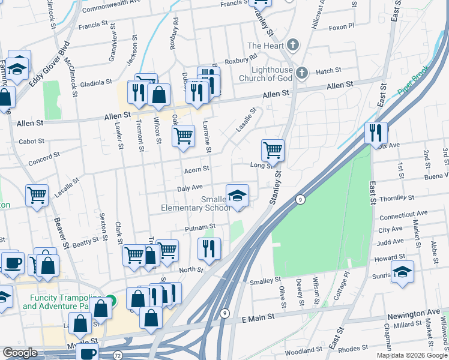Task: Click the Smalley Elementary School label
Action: (x=196, y=203)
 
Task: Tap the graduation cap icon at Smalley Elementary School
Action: (x=238, y=196)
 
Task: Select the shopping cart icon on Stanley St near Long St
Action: (x=273, y=151)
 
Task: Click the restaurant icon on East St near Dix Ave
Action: (x=376, y=133)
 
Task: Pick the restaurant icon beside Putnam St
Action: (x=209, y=249)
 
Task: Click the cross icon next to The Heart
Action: (x=292, y=46)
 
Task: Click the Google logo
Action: (x=20, y=353)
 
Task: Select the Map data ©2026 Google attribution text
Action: (x=412, y=355)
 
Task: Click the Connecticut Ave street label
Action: (x=403, y=214)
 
